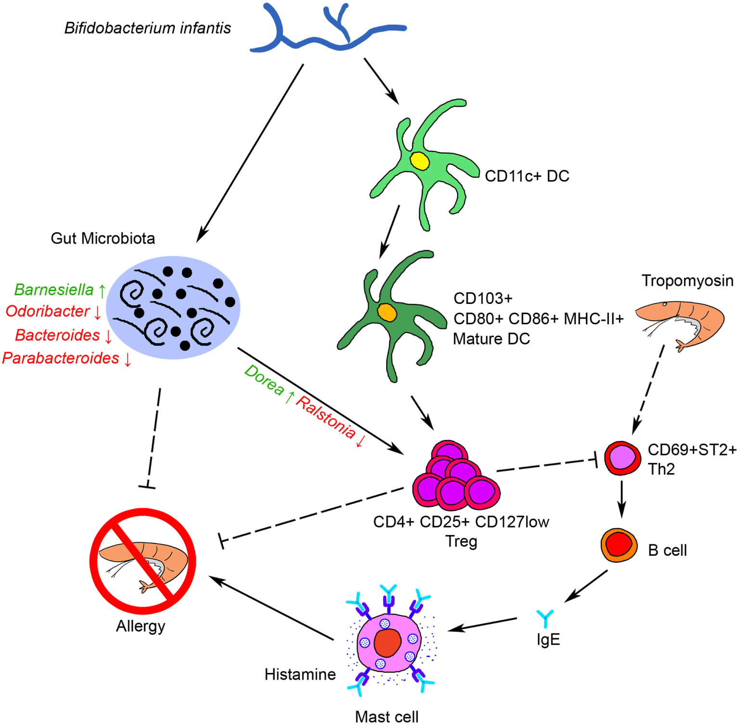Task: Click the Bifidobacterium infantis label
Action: [147, 28]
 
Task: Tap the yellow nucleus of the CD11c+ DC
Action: [419, 161]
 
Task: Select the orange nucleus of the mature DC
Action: [387, 312]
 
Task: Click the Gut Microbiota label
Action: [103, 238]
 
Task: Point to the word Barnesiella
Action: [54, 290]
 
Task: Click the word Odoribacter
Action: [48, 311]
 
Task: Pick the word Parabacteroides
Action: [61, 358]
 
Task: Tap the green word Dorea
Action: [264, 380]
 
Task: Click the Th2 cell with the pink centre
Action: [622, 458]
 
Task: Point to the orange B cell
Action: [619, 545]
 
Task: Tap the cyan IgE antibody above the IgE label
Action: [545, 618]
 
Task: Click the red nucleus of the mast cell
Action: [388, 643]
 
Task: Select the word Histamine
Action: [300, 674]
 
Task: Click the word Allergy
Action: [141, 626]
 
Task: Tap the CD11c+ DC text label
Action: [527, 176]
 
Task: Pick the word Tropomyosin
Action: [687, 280]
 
